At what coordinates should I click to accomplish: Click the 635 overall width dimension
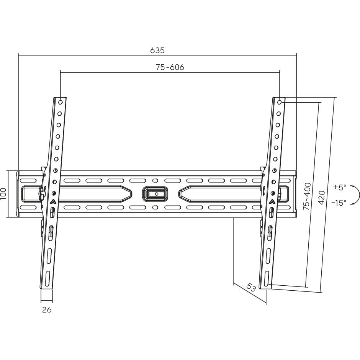tap(157, 51)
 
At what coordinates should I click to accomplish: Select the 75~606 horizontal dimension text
tap(170, 67)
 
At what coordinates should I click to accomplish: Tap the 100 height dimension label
tap(3, 193)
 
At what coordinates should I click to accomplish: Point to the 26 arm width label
tap(47, 310)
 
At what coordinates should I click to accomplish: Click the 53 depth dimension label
tap(251, 288)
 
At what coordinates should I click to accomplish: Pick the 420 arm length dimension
tap(322, 197)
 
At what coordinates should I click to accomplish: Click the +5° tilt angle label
tap(340, 187)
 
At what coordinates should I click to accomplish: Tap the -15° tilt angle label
tap(339, 203)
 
